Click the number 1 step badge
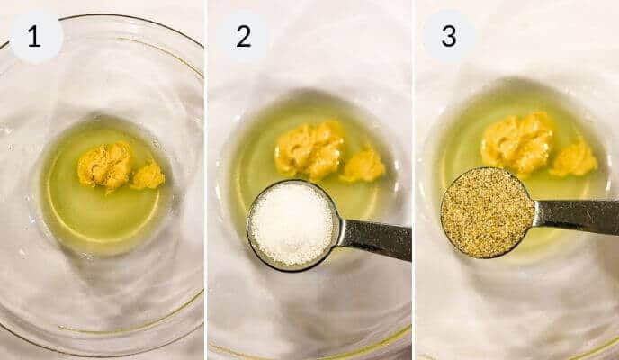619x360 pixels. pos(35,37)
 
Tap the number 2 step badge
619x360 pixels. pos(243,37)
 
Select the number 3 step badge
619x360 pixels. pos(448,37)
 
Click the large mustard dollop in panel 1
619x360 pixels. pos(104,166)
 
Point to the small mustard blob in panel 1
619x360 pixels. pos(148,175)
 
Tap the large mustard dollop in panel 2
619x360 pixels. pos(309,148)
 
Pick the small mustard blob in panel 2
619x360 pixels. pos(363,166)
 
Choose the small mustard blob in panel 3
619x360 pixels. pos(574,158)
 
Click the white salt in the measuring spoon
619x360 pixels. pos(292,222)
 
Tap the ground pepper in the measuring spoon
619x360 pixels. pos(487,211)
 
